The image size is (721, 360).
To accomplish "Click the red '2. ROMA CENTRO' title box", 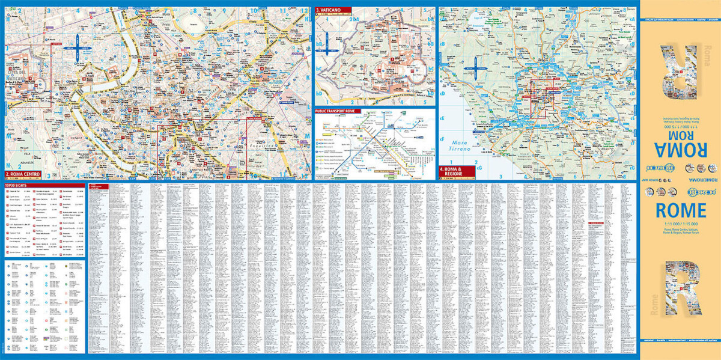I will pyautogui.click(x=23, y=175).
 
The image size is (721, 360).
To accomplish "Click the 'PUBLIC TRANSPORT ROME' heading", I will pyautogui.click(x=341, y=112).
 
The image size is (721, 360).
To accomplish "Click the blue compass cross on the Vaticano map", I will pyautogui.click(x=326, y=44).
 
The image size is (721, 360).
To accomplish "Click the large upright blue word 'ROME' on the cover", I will pyautogui.click(x=680, y=210).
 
